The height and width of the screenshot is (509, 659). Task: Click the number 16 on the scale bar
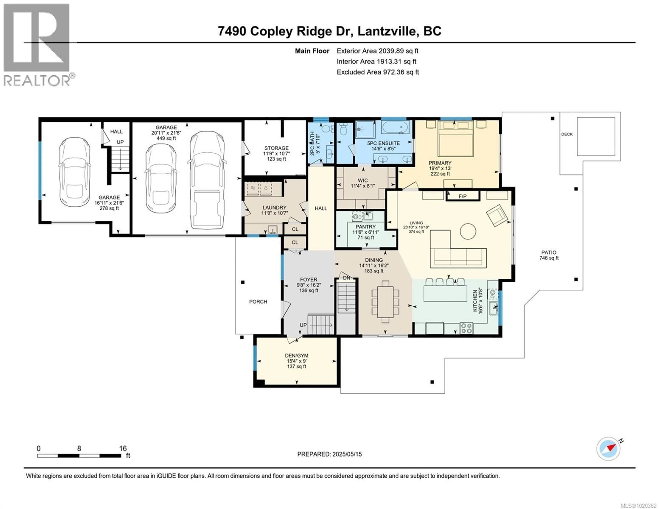[123, 448]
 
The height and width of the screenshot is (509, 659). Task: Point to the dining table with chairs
[385, 302]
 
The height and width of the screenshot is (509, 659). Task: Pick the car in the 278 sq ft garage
[74, 172]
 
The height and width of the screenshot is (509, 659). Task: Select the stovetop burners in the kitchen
[466, 328]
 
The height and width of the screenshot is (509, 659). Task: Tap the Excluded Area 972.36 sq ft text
[378, 72]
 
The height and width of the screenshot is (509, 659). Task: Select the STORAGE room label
[276, 148]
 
